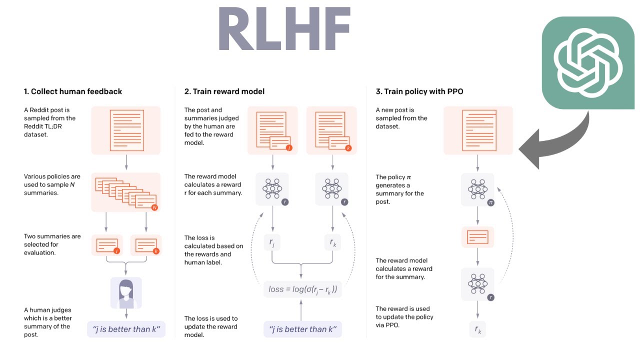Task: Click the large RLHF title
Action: coord(284,29)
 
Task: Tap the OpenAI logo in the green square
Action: coord(588,62)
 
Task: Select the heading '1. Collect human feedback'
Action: coord(73,91)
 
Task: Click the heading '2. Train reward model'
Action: coord(224,91)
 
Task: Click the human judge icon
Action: coord(126,293)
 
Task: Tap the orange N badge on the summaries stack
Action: coord(154,207)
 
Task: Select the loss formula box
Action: coord(302,289)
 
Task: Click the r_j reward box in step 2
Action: coord(272,243)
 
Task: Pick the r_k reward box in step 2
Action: coord(332,243)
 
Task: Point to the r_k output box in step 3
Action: coord(477,329)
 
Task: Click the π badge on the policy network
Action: coord(490,203)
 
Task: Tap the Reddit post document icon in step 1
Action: coord(126,130)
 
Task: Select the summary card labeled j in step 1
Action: coord(107,245)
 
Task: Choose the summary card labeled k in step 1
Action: coord(146,245)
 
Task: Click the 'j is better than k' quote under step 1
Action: coord(126,329)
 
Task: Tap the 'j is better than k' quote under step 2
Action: coord(302,329)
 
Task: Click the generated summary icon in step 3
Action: coord(477,237)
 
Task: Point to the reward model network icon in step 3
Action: coord(477,283)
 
